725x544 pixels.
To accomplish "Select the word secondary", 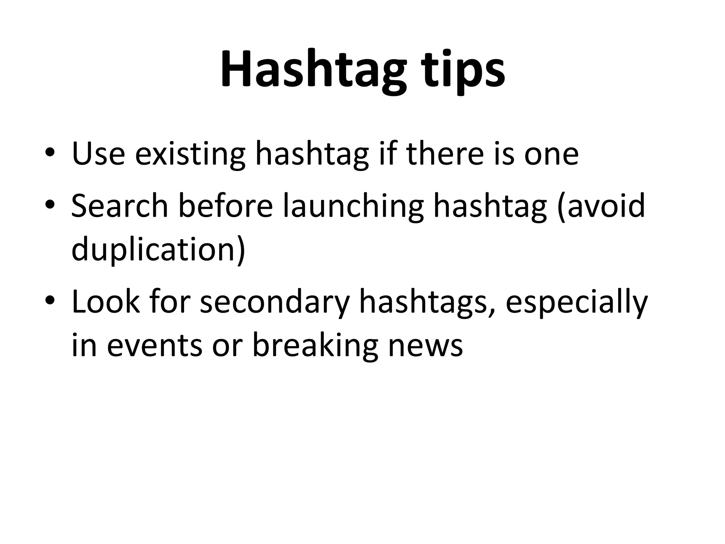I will (275, 302).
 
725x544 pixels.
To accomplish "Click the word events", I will (155, 345).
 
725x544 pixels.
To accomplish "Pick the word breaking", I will (315, 345).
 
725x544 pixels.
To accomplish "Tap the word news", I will (426, 345).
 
